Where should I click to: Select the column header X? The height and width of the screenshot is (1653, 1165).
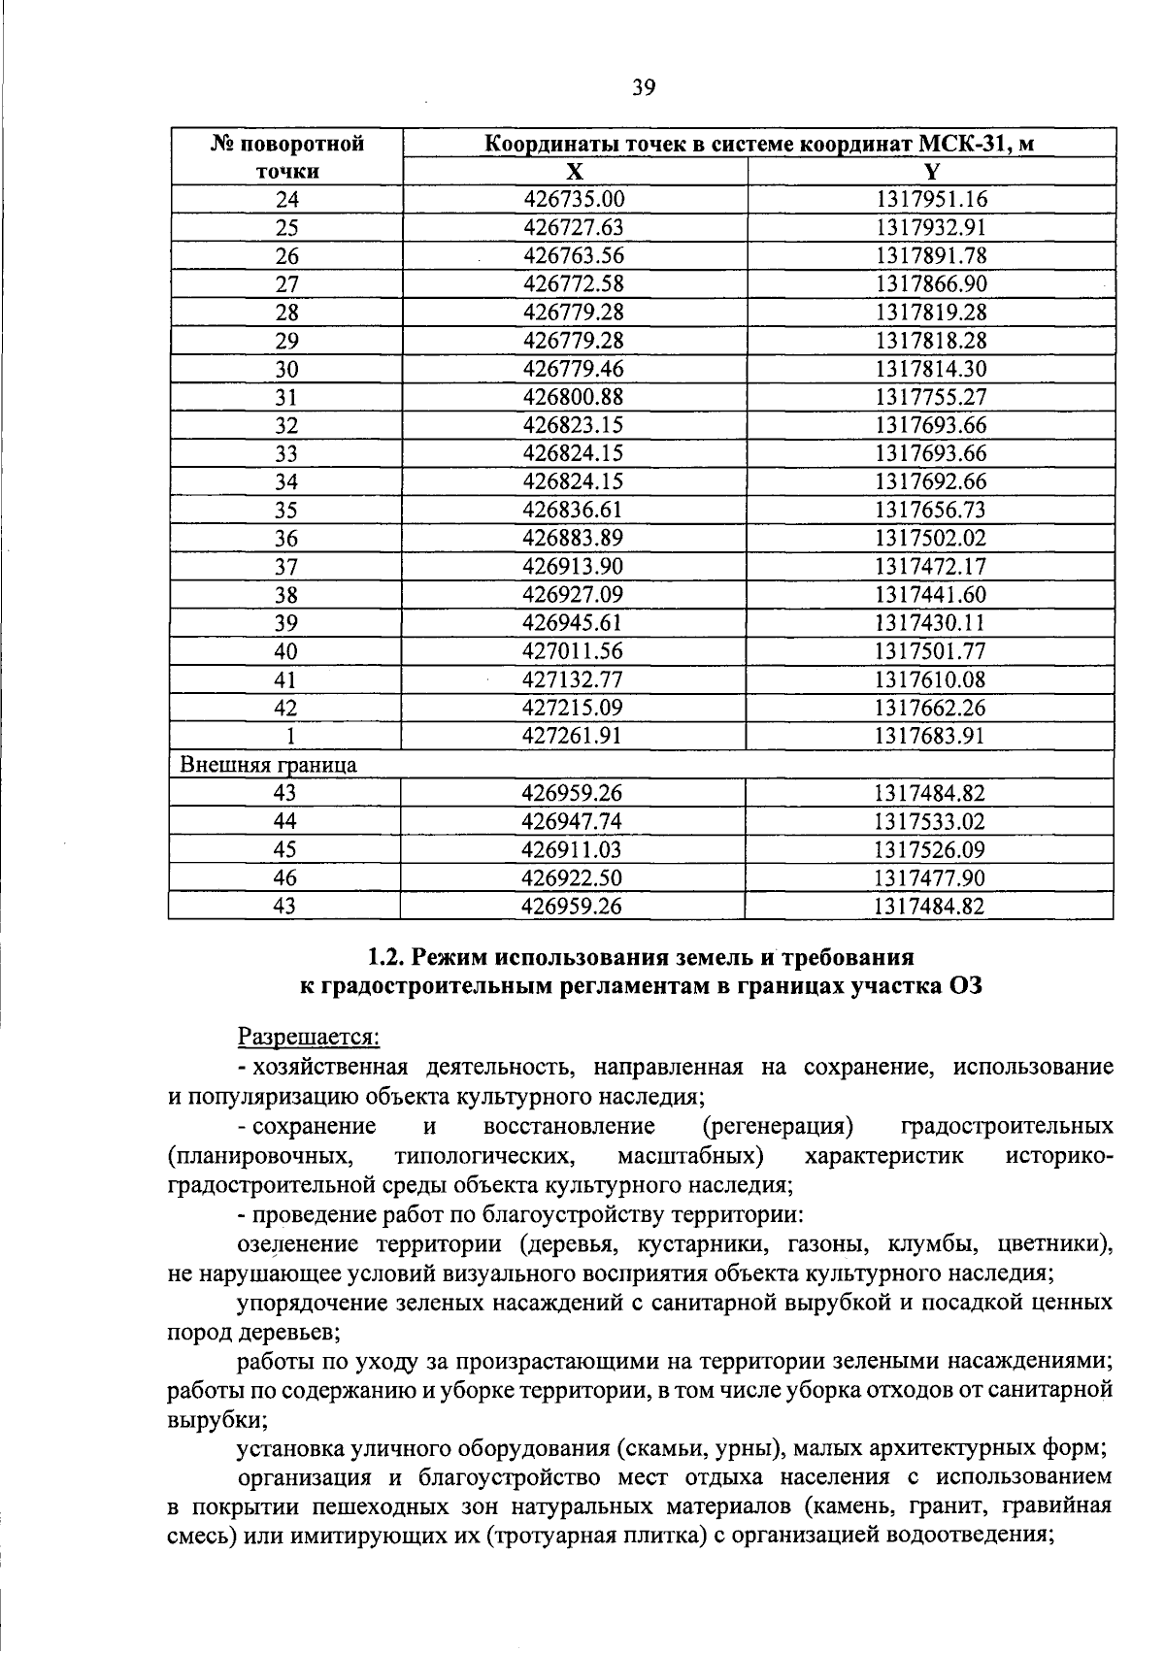pos(575,172)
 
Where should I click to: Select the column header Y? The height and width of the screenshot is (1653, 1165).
pos(931,172)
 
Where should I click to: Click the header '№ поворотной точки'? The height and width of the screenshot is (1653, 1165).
pos(287,158)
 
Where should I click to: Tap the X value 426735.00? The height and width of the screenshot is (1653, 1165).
pos(573,200)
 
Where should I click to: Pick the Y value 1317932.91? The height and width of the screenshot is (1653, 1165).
pos(930,228)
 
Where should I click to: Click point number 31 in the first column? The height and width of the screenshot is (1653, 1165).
pos(285,397)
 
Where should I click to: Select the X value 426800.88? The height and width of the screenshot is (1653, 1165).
pos(573,397)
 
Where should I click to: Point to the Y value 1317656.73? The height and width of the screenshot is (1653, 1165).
pos(930,510)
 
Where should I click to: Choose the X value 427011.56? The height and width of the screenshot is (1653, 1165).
pos(573,651)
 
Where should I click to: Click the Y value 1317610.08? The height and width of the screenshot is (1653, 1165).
pos(930,679)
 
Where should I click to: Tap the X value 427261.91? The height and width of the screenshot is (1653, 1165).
pos(573,736)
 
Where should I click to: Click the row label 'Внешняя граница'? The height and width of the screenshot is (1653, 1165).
pos(269,764)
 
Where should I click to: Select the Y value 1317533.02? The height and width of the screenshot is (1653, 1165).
pos(930,821)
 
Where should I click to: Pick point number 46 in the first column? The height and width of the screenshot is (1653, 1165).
pos(285,877)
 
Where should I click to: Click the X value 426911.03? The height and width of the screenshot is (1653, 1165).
pos(573,849)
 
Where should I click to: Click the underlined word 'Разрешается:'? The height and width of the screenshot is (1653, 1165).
pos(309,1037)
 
